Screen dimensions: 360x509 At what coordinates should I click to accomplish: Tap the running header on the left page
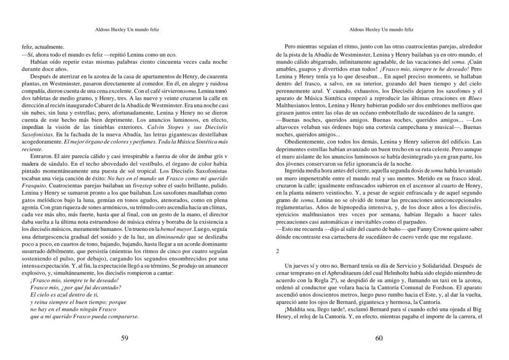click(x=126, y=29)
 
